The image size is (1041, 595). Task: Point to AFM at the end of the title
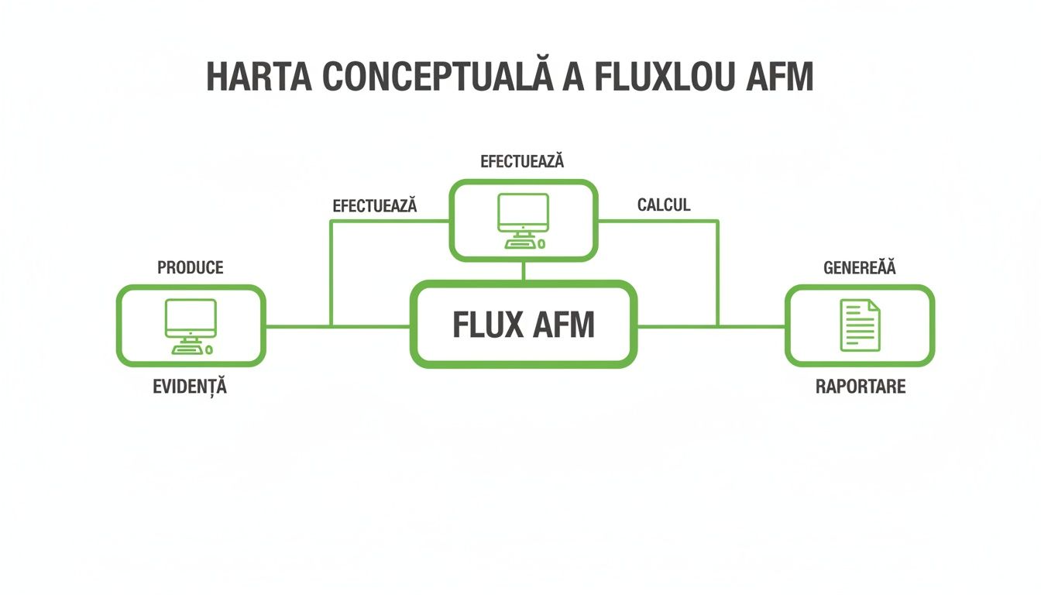coord(777,77)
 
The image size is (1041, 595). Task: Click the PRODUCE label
coord(191,268)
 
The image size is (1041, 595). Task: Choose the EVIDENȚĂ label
coord(191,387)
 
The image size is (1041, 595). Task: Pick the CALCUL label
coord(664,205)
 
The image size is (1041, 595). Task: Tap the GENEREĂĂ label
coord(859,268)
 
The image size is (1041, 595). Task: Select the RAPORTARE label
coord(861,387)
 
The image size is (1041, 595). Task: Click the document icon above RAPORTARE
coord(860,325)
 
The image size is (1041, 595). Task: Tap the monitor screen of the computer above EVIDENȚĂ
coord(191,316)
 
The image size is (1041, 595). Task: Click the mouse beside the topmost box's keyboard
coord(541,244)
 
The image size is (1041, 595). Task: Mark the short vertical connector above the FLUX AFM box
coord(524,271)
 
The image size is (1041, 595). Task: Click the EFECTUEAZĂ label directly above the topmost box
coord(522,162)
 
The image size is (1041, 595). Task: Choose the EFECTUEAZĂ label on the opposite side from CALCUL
coord(375,206)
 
